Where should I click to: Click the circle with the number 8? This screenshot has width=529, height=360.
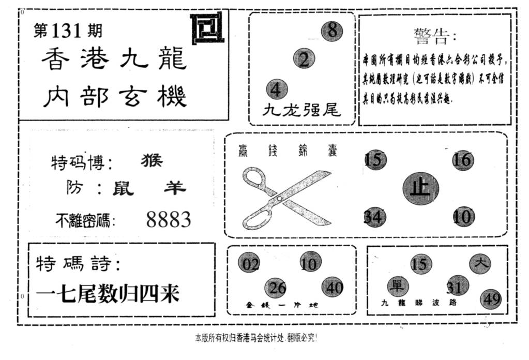[x=331, y=31]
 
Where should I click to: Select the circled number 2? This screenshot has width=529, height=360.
[x=304, y=58]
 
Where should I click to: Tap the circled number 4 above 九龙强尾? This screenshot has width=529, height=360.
[x=277, y=89]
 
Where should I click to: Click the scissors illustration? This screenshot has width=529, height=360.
[x=286, y=198]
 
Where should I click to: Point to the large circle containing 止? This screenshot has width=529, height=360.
[x=420, y=189]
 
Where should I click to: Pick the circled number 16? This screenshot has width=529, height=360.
[x=462, y=160]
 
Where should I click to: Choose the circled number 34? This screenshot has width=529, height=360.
[x=374, y=217]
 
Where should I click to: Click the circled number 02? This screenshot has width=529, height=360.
[x=249, y=264]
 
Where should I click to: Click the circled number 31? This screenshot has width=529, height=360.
[x=457, y=286]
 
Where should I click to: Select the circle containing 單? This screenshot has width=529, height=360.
[x=398, y=286]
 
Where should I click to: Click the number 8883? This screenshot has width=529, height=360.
[x=169, y=220]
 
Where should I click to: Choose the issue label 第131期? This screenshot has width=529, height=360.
[x=68, y=31]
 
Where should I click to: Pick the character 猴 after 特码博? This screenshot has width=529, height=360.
[x=152, y=161]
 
